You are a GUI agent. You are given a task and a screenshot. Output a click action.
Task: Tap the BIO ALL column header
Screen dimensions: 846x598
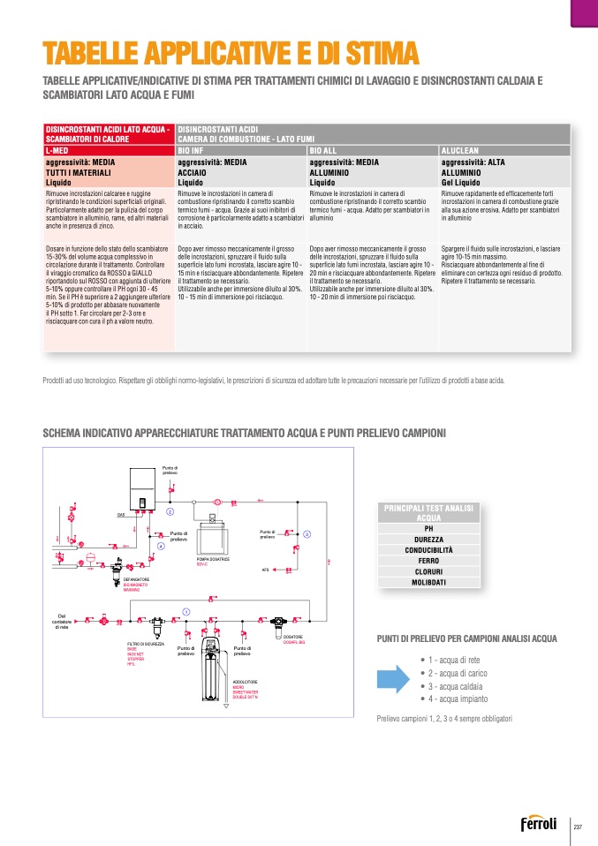pyautogui.click(x=324, y=151)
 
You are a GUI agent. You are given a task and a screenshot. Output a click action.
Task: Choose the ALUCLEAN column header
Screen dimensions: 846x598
pyautogui.click(x=459, y=151)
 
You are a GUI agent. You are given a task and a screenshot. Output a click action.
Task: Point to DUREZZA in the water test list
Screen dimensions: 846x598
pyautogui.click(x=428, y=539)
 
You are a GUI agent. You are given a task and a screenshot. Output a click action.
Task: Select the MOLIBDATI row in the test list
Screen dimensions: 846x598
pyautogui.click(x=428, y=582)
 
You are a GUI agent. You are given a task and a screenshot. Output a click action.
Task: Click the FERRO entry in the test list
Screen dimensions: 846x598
pyautogui.click(x=428, y=561)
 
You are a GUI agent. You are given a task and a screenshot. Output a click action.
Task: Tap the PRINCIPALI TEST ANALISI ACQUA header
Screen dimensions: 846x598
pyautogui.click(x=428, y=513)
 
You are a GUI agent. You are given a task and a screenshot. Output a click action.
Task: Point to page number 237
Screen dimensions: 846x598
pyautogui.click(x=579, y=827)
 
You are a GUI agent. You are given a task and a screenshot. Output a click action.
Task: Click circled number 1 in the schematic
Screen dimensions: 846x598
pyautogui.click(x=186, y=612)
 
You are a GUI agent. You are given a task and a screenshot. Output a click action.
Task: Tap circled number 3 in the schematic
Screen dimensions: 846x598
pyautogui.click(x=307, y=534)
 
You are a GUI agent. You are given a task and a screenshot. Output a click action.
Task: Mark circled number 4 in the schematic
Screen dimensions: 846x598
pyautogui.click(x=161, y=547)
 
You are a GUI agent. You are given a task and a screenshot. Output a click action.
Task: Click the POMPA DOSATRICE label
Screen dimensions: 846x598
pyautogui.click(x=213, y=559)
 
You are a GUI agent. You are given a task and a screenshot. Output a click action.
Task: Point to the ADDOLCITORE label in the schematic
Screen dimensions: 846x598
pyautogui.click(x=245, y=682)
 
